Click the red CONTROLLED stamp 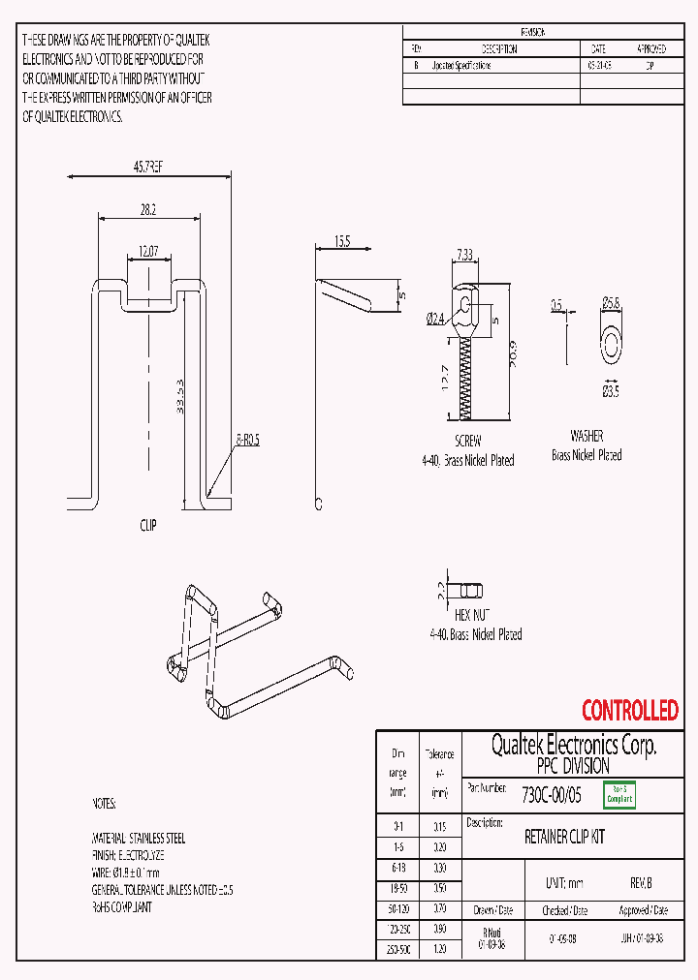point(629,711)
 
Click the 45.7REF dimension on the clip point(147,168)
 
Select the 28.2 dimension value point(148,208)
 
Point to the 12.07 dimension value point(147,251)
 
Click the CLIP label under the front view point(147,525)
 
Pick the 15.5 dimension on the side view point(342,239)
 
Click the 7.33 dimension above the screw point(466,255)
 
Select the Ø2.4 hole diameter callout point(434,317)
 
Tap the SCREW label point(467,440)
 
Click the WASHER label point(587,436)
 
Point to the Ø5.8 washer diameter point(610,304)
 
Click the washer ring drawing point(611,341)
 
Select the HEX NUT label point(474,615)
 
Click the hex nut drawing point(470,590)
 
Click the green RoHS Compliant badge point(619,795)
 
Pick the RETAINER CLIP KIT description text point(564,837)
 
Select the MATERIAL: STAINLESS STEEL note point(139,838)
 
